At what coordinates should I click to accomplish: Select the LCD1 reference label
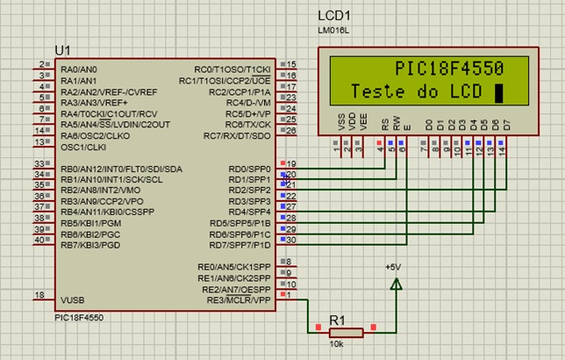point(334,16)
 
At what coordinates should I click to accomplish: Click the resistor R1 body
point(345,332)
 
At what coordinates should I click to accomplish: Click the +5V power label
point(393,267)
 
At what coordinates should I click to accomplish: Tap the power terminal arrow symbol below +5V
point(396,284)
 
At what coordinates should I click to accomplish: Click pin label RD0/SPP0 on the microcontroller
point(249,168)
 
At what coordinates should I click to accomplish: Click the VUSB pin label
point(72,299)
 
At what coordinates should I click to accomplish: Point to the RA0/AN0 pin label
point(79,68)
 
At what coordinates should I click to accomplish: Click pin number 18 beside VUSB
point(39,295)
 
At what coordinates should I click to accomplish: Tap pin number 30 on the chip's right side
point(291,240)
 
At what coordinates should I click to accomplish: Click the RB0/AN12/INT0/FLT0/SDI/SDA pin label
point(121,168)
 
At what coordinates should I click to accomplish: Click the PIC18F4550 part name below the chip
point(78,318)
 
